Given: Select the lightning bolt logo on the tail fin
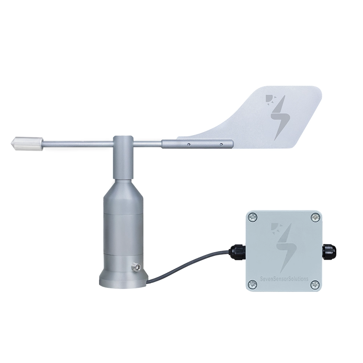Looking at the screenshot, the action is (x=280, y=118).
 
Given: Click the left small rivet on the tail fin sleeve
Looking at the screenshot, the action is (x=189, y=144).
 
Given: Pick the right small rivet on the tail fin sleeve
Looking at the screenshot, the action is (x=221, y=144).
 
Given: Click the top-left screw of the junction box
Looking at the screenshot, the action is (x=252, y=217).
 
